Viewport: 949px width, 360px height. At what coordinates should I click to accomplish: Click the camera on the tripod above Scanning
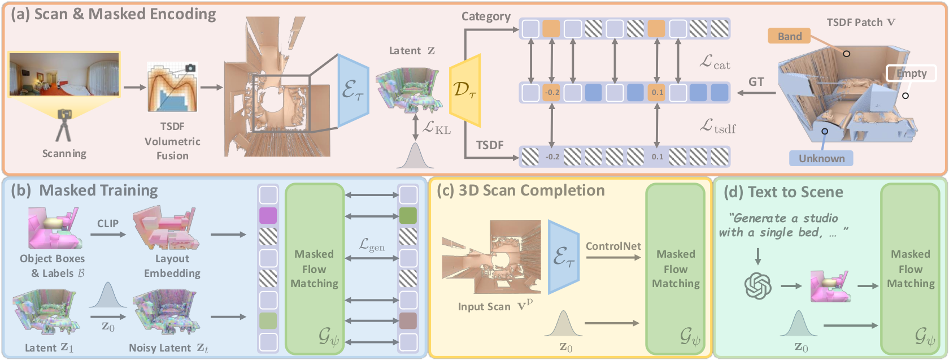tap(64, 114)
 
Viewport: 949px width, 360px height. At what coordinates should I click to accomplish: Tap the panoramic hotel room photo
tap(64, 74)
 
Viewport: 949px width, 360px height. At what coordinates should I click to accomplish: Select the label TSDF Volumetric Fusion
tap(172, 141)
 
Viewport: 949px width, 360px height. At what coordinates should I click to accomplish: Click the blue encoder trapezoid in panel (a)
tap(353, 90)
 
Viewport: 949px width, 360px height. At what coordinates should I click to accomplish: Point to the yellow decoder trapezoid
tap(465, 90)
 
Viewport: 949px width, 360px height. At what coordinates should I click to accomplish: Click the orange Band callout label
tap(789, 37)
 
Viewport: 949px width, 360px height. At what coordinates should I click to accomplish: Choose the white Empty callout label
tap(911, 73)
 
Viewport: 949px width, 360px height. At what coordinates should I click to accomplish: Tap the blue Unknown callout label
tap(821, 158)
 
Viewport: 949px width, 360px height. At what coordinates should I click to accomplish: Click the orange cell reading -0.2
tap(551, 93)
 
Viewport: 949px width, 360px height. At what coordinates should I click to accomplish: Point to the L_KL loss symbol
tap(436, 127)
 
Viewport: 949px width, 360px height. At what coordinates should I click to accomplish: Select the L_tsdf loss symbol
tap(717, 126)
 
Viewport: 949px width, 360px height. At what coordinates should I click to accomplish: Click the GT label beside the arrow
tap(756, 81)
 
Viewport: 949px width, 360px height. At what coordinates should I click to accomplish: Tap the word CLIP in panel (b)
tap(107, 223)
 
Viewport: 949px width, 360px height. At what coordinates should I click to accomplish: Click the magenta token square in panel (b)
tap(268, 215)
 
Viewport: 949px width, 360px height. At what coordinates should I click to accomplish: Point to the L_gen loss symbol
tap(372, 244)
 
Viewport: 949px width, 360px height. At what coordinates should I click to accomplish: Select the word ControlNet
tap(613, 246)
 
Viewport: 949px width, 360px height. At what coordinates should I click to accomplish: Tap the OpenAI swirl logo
tap(758, 286)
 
